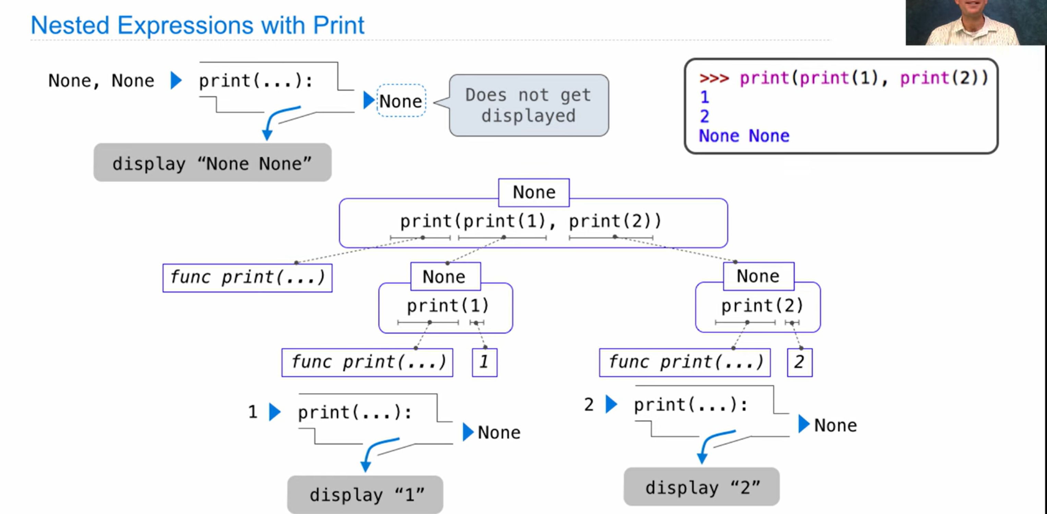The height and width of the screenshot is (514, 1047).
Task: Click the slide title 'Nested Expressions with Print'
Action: pos(197,25)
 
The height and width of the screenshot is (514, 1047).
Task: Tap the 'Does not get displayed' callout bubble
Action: pos(528,105)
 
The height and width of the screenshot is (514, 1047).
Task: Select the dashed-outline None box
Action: pos(401,101)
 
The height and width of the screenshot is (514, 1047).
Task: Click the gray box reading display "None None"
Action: pos(212,163)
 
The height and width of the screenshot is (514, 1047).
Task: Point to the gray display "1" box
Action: pos(365,494)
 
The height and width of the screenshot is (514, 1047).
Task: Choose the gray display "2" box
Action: pos(701,487)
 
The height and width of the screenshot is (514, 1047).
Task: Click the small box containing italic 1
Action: pos(484,362)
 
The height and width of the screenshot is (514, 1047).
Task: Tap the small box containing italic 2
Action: pos(799,362)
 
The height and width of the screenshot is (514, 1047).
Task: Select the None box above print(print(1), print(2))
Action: pos(534,192)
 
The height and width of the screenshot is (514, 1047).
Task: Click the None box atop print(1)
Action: pos(445,276)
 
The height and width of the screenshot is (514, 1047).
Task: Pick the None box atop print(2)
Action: pos(758,276)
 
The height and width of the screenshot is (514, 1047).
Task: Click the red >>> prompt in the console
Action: pos(713,78)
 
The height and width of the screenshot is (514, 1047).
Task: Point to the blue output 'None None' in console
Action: pos(744,136)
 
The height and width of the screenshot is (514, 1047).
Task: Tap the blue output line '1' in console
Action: pos(705,97)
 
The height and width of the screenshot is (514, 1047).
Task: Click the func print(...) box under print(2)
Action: pos(684,362)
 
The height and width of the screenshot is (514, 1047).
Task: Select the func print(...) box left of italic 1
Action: pos(367,362)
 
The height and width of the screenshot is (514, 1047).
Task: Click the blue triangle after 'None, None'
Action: pos(176,80)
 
